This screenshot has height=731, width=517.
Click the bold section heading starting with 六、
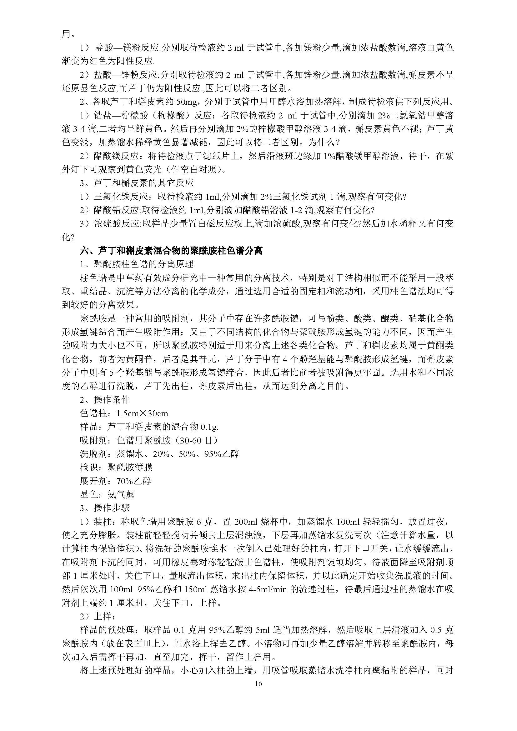(x=171, y=251)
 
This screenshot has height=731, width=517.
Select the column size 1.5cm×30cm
(x=142, y=413)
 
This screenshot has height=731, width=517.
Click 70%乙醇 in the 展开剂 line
(x=134, y=481)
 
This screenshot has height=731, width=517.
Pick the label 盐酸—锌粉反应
(x=126, y=75)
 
